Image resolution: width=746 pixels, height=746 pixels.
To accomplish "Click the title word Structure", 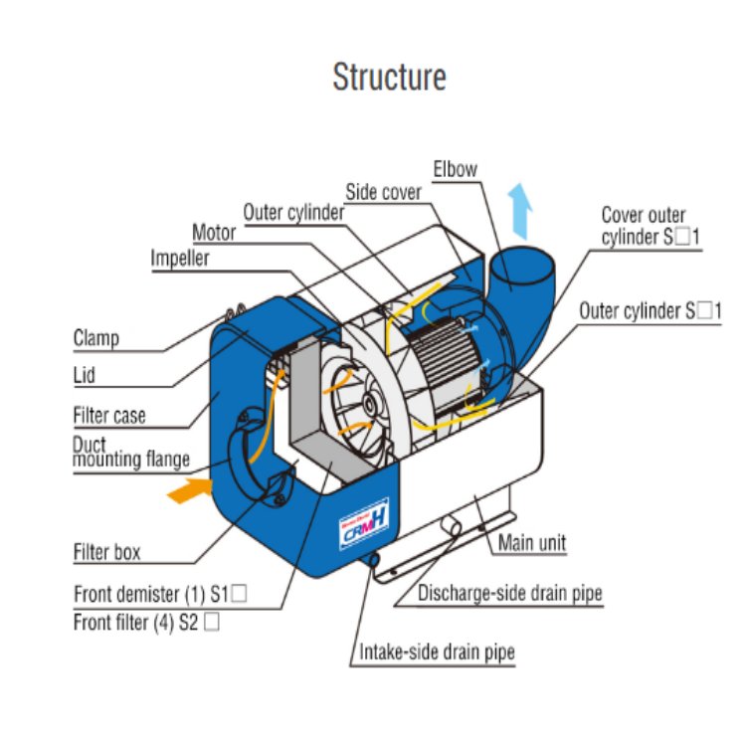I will click(x=389, y=78).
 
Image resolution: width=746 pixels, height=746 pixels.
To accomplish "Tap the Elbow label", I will click(x=455, y=169).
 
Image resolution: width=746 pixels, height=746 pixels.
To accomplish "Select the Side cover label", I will click(x=383, y=192).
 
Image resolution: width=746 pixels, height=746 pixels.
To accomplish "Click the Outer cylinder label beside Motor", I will click(x=293, y=212).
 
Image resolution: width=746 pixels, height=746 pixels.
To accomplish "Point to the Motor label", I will click(x=214, y=233).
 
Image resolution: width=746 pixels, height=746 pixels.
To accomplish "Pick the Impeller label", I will click(x=180, y=258).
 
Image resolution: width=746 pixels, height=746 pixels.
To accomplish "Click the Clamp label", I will click(x=96, y=338).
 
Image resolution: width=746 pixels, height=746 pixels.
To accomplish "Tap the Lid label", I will click(x=85, y=376).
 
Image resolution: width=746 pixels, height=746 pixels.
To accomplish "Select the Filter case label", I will click(x=109, y=415).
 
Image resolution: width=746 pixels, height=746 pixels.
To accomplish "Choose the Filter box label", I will click(x=107, y=551).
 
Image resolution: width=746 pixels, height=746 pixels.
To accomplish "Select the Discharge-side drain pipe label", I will click(x=509, y=594).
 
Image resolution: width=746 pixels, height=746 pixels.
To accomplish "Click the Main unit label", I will click(x=532, y=543).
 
